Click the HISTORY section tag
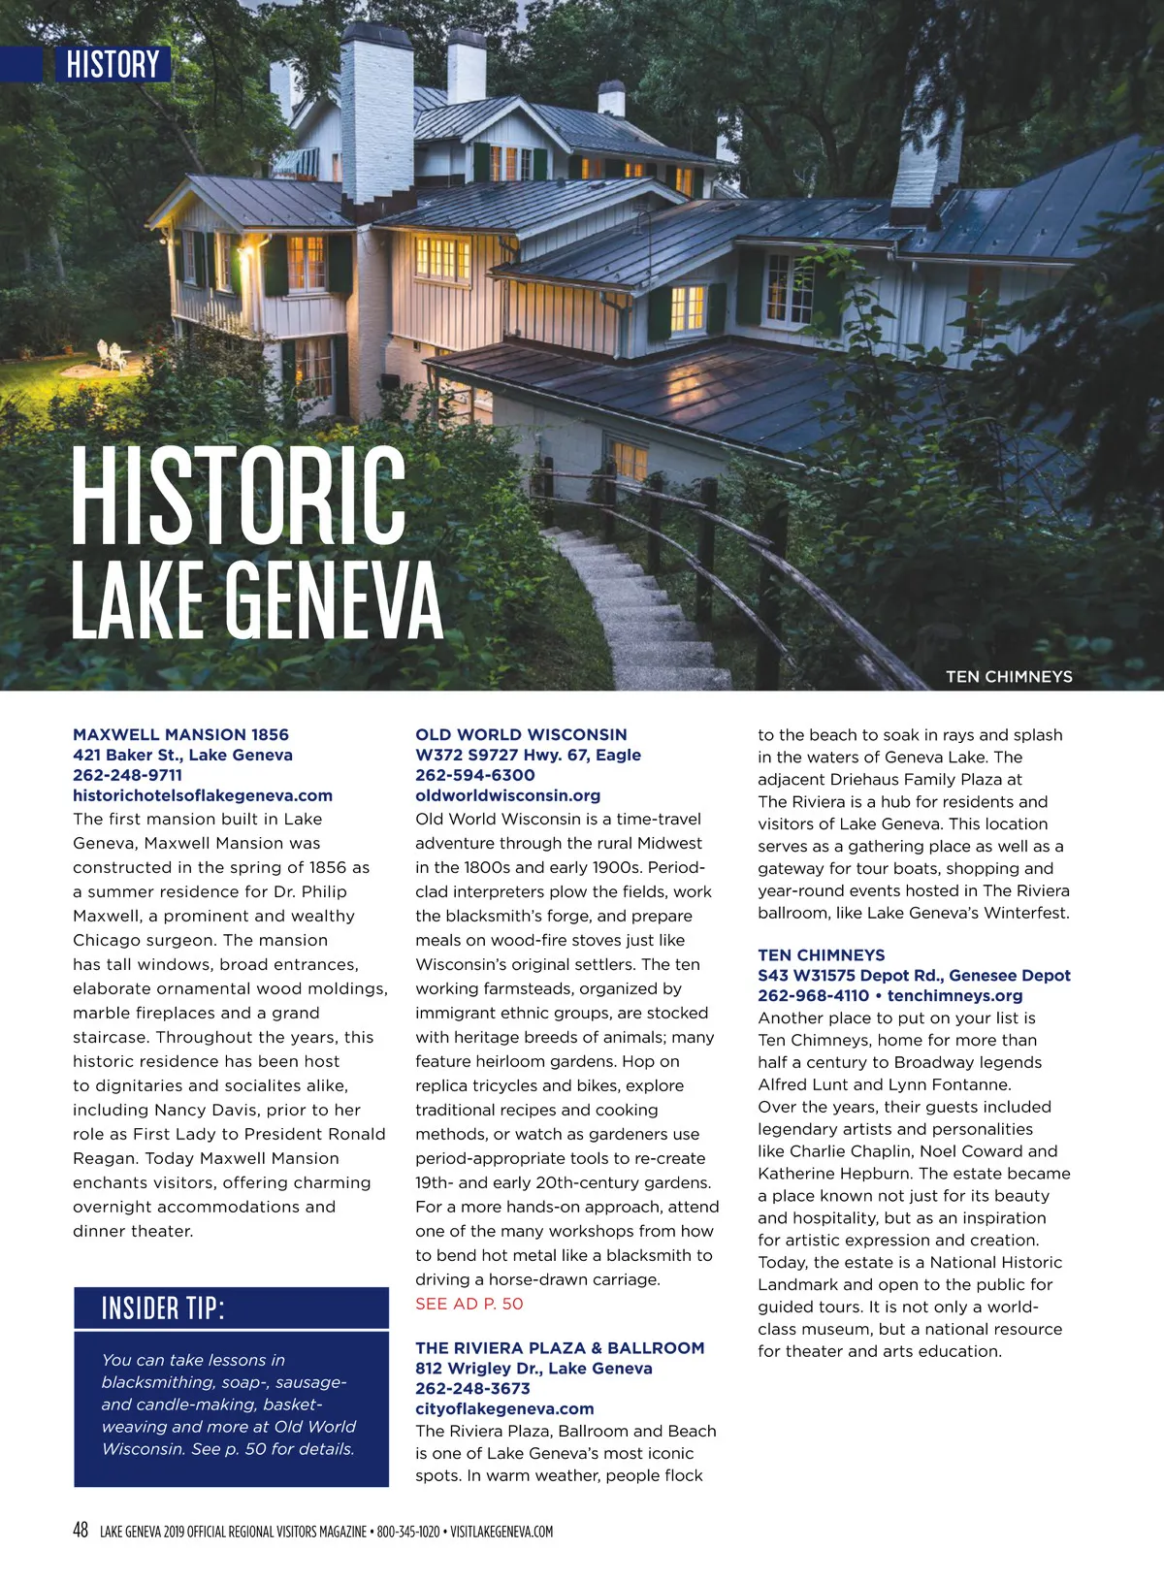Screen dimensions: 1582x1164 (113, 64)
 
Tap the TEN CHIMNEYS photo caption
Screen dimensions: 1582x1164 (1009, 676)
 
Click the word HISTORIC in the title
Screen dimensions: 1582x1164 (239, 496)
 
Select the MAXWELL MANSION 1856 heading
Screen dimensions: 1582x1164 (180, 734)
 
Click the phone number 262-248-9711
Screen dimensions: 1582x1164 (127, 775)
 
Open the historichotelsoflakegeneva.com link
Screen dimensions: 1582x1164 (203, 795)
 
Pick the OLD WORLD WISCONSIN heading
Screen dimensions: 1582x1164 (521, 734)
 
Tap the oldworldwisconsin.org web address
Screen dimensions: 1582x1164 (507, 795)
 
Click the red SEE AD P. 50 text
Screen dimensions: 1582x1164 (469, 1304)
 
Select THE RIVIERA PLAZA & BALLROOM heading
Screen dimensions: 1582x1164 (560, 1347)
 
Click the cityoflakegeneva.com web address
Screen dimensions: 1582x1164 (504, 1408)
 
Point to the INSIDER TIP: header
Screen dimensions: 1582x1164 (163, 1308)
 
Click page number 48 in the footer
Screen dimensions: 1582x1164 (81, 1530)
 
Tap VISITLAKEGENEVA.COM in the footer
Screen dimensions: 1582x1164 (501, 1532)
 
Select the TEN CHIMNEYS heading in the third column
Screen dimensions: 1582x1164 (821, 954)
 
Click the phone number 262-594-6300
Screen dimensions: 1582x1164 (474, 775)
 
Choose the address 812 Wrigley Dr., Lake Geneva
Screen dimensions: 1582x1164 (533, 1368)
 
